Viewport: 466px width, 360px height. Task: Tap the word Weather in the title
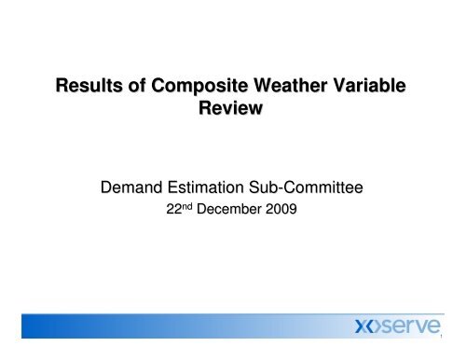point(292,89)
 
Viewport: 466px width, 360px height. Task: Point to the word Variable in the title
point(372,89)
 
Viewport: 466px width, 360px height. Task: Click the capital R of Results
point(63,89)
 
